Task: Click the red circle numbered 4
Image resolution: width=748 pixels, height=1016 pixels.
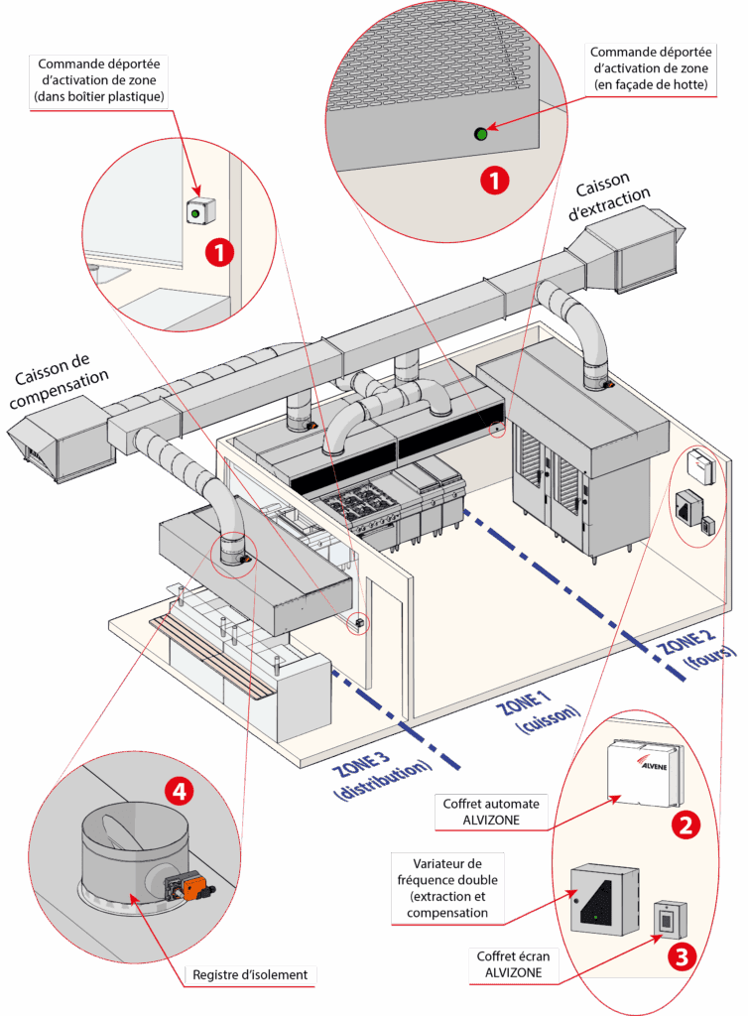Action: [x=179, y=791]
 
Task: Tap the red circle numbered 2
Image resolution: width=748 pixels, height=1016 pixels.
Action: [x=686, y=825]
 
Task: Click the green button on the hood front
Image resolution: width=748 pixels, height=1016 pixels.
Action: [x=480, y=134]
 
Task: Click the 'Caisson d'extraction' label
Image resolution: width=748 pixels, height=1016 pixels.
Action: [x=608, y=195]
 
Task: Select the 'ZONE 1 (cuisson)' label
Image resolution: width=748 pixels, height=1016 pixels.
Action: [x=538, y=711]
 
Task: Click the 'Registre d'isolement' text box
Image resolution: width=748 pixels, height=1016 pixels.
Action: [x=250, y=974]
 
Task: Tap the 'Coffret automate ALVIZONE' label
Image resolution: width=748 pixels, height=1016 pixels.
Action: [x=491, y=812]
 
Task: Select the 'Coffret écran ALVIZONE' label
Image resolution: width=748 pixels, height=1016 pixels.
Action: [x=513, y=964]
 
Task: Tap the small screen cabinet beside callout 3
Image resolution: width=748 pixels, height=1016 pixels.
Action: [x=670, y=920]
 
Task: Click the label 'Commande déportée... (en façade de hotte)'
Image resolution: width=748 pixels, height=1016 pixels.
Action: [x=650, y=68]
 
